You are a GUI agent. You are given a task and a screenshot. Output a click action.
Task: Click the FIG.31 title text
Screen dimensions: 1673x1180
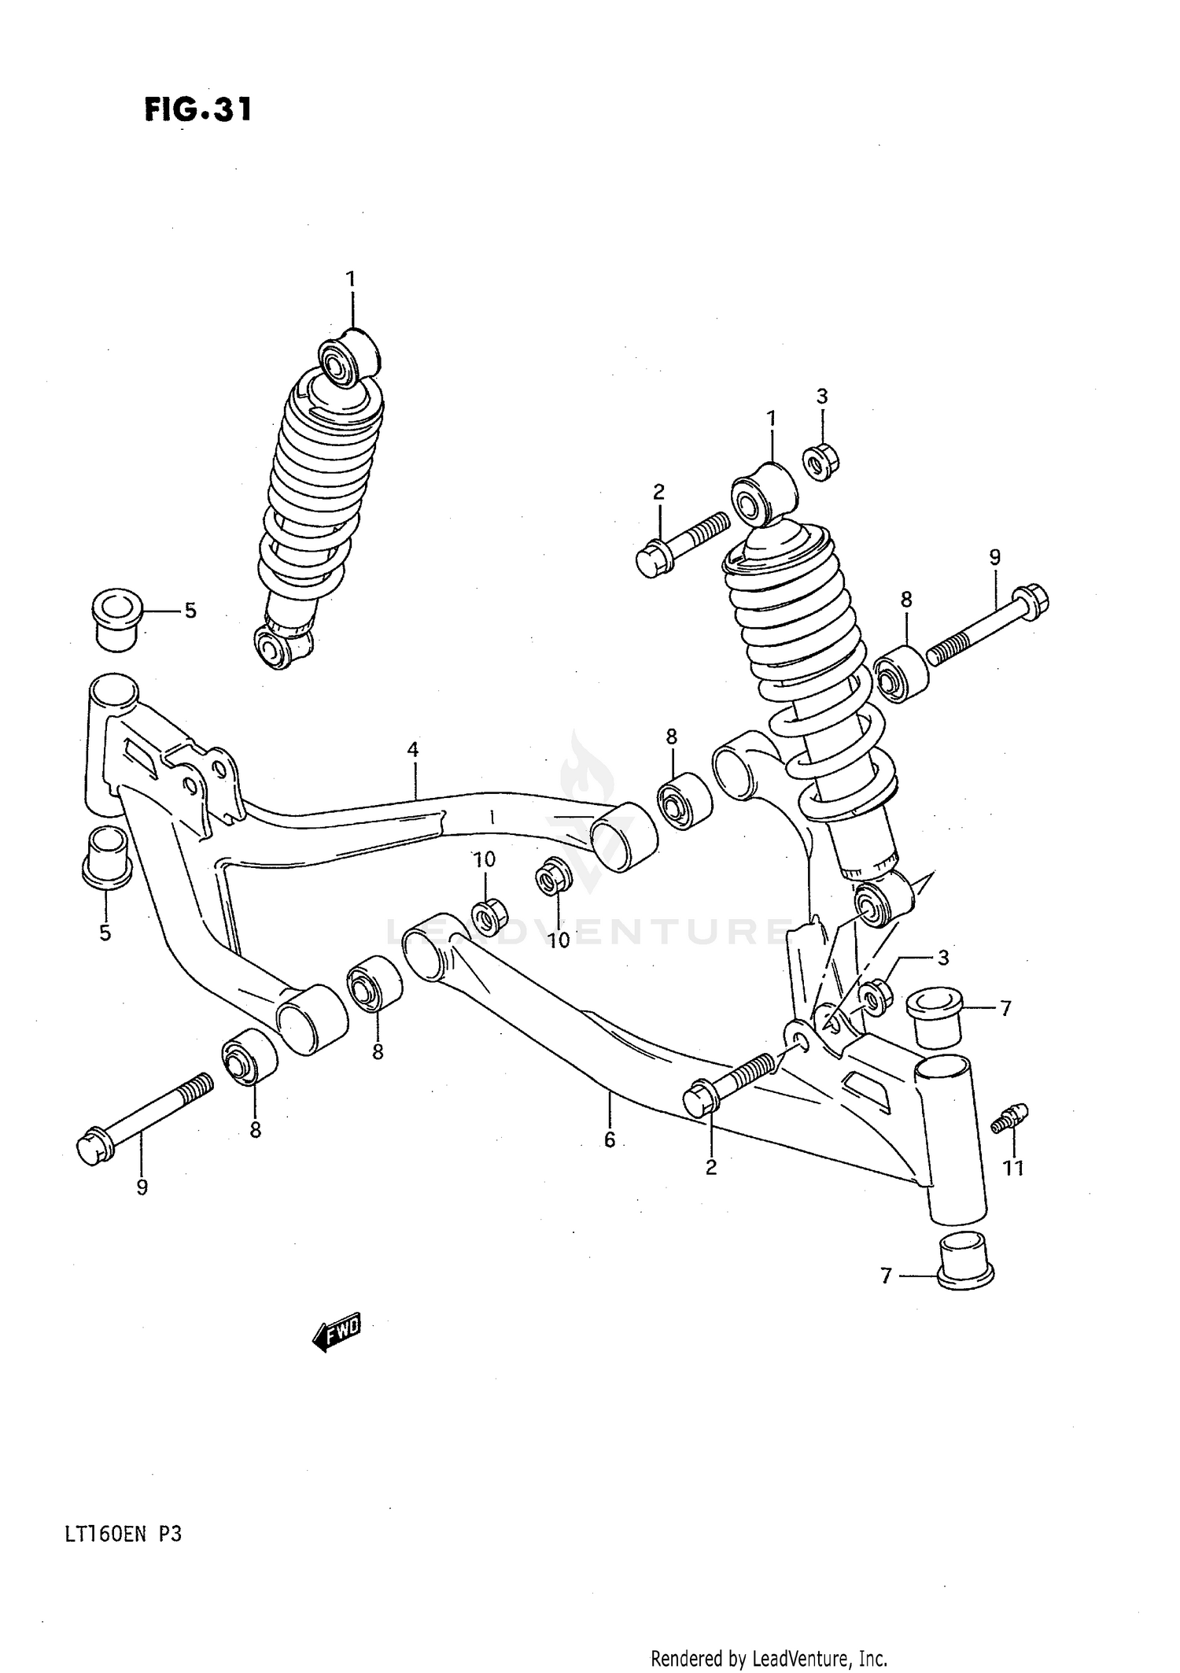(198, 109)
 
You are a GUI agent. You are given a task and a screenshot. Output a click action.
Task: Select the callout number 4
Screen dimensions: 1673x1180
(413, 749)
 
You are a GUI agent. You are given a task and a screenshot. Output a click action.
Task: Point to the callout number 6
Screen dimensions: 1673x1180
(610, 1139)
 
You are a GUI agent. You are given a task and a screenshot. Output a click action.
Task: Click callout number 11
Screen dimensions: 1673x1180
(1013, 1168)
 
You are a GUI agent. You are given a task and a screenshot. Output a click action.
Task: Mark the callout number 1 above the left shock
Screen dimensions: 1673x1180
(351, 279)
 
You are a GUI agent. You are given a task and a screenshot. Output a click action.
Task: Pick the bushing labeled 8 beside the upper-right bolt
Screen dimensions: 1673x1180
(899, 674)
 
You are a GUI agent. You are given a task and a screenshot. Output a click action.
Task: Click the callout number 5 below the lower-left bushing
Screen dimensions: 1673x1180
(105, 933)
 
